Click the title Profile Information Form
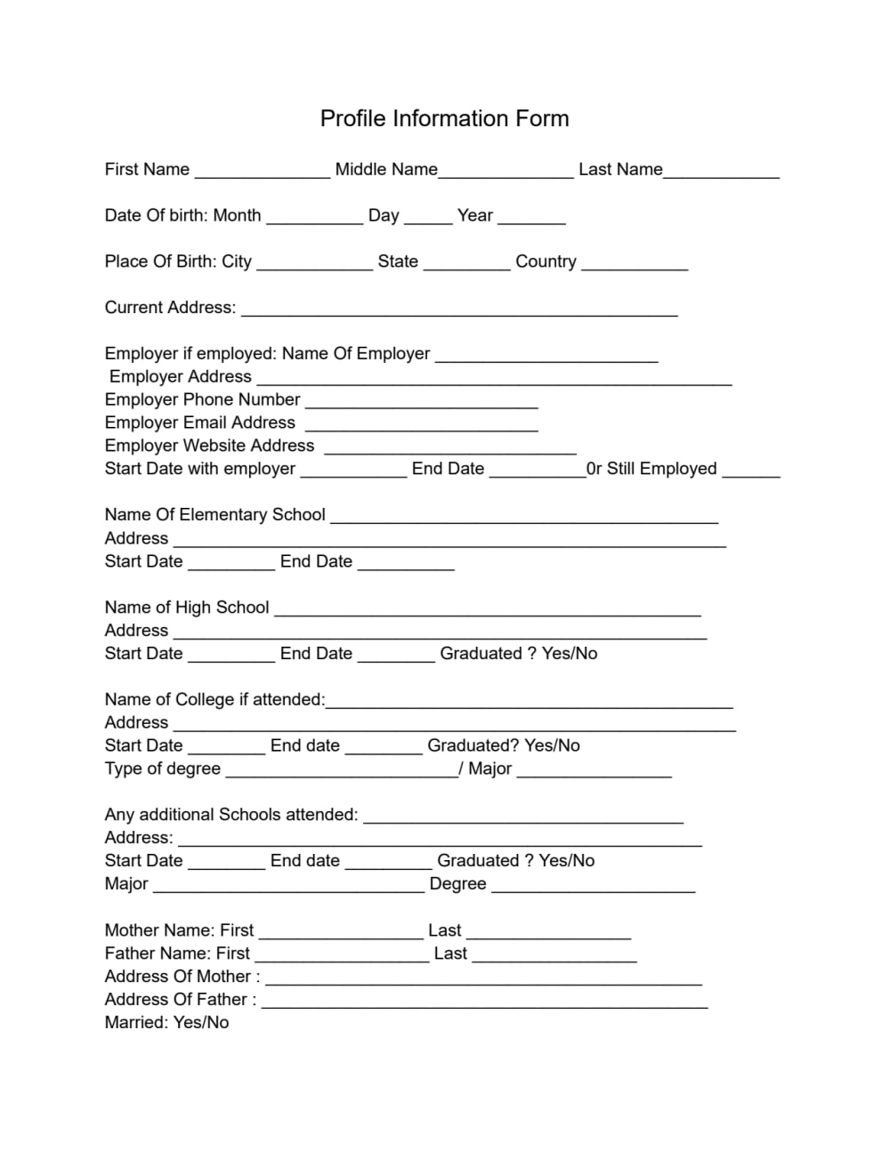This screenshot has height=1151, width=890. pos(444,118)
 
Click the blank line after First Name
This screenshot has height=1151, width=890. pos(262,172)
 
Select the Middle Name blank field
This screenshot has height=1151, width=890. pos(506,172)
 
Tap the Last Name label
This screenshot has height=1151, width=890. pos(620,169)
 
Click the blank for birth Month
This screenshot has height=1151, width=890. pos(314,218)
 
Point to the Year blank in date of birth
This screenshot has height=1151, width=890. pos(531,218)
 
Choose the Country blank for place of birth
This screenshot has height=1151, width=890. pos(635,264)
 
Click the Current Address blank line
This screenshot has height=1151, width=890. pos(459,310)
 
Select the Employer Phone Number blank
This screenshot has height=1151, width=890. pos(421,402)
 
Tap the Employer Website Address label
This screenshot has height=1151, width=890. pos(209,446)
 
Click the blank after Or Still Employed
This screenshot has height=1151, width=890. pos(750,471)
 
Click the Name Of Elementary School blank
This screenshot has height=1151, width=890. pos(523,518)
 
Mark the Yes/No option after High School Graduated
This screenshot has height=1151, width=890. pos(570,654)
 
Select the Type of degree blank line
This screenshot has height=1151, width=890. pos(342,771)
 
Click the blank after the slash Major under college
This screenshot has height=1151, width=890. pos(594,771)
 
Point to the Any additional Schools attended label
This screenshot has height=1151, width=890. pos(231,815)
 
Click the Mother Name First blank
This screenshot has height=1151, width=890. pos(341,933)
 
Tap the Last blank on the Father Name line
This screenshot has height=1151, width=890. pos(554,956)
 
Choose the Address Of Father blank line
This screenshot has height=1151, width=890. pos(484,1002)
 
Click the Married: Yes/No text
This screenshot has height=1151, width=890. pos(166,1023)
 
